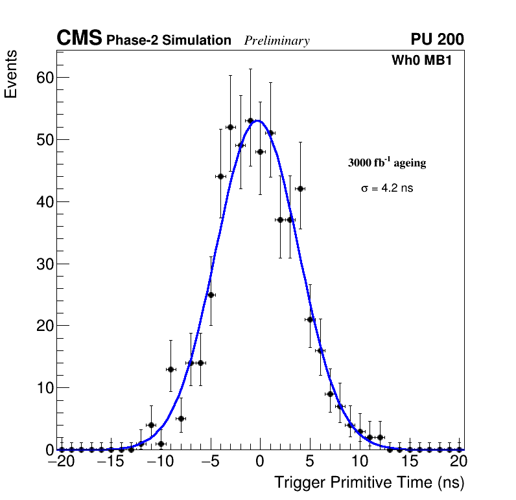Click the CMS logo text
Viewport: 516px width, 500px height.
[x=79, y=39]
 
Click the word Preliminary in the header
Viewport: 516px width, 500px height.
[x=277, y=41]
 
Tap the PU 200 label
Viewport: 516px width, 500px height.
[x=437, y=40]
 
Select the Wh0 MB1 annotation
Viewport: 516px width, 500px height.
[x=421, y=61]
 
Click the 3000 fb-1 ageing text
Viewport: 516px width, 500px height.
[x=387, y=163]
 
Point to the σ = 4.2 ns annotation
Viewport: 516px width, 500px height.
[x=387, y=188]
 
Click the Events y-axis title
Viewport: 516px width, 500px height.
[x=11, y=74]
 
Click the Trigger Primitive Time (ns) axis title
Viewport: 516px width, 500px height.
[x=369, y=483]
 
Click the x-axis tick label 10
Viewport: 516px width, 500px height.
[x=360, y=462]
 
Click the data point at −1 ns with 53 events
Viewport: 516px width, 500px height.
[x=250, y=120]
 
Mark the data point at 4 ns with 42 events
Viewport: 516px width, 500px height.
[x=300, y=188]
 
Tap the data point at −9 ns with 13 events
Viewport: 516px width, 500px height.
[x=170, y=369]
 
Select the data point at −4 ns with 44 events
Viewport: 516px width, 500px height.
[x=220, y=176]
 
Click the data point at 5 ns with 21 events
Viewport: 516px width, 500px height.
[x=310, y=319]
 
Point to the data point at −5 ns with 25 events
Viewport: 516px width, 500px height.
[x=211, y=295]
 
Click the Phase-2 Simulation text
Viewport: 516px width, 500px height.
[x=169, y=41]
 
